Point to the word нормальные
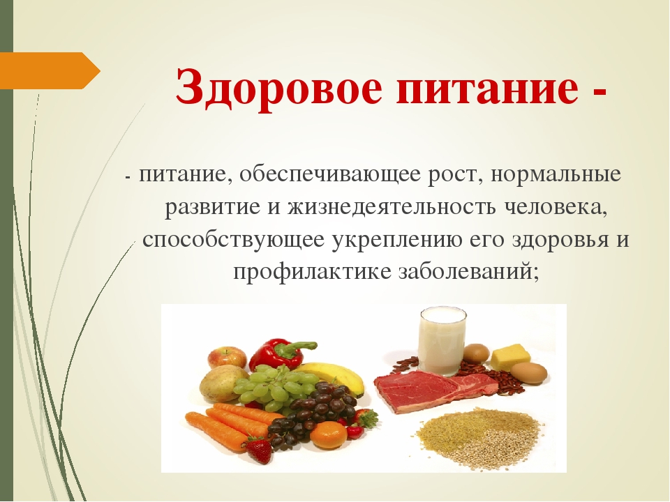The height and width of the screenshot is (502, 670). [x=556, y=176]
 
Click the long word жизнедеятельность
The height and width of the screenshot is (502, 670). [x=392, y=208]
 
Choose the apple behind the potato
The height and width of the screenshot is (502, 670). [x=227, y=358]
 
